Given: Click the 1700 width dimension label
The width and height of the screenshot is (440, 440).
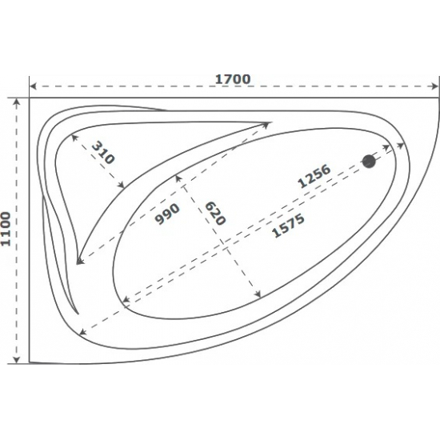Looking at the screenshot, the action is click(x=233, y=79).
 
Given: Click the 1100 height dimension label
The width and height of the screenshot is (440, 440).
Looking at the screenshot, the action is click(x=6, y=230).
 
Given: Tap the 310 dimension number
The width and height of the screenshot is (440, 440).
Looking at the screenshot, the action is click(x=103, y=153).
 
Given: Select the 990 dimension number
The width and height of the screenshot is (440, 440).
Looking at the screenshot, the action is click(x=167, y=214).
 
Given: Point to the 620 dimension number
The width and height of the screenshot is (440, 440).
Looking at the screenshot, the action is click(x=215, y=214).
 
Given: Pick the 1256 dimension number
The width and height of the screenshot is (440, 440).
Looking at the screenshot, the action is click(x=314, y=177).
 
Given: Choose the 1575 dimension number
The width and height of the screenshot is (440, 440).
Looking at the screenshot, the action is click(x=289, y=226).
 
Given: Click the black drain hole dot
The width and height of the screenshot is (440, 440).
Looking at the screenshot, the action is click(x=369, y=162).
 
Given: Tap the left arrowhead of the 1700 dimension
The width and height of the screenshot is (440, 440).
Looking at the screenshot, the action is click(x=33, y=86).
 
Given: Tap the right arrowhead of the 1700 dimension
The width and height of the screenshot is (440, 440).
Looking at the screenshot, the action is click(x=435, y=86).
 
